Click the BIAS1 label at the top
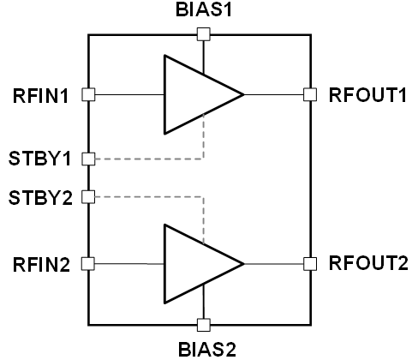tap(203, 9)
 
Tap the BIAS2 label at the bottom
tap(207, 349)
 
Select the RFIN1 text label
tap(40, 96)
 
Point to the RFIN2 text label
tap(41, 265)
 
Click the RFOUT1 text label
tap(367, 95)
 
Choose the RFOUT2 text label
tap(368, 263)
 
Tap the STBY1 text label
tap(39, 159)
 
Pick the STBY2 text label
tap(40, 198)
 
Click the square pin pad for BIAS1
tap(204, 34)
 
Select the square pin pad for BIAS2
tap(204, 325)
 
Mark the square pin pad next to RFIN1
tap(88, 94)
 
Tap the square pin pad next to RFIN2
tap(88, 264)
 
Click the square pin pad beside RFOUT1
tap(310, 94)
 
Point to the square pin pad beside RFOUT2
tap(310, 264)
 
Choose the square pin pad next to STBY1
tap(88, 159)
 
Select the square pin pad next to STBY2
tap(88, 197)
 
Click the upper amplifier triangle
tap(164, 94)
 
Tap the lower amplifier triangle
tap(164, 264)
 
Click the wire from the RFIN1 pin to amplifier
tap(129, 94)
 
